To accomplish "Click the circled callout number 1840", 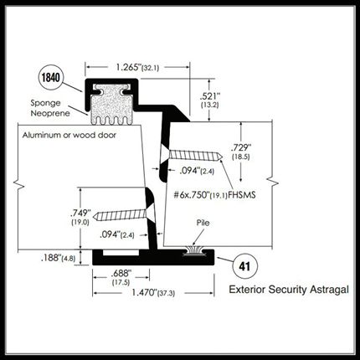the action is [x=50, y=78].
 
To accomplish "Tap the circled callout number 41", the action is [x=244, y=266].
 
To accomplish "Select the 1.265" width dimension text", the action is [x=137, y=67].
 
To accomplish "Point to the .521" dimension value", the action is [x=209, y=100].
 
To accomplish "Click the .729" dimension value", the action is [x=241, y=152].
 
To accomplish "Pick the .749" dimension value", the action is [x=80, y=217].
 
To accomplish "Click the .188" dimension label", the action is [x=58, y=258].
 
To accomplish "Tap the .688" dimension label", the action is [x=121, y=277].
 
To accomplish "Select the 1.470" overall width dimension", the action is [x=153, y=293].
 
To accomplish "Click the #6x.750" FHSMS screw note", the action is [x=214, y=194].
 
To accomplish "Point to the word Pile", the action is [x=203, y=223].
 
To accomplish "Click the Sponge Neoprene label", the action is [x=50, y=108].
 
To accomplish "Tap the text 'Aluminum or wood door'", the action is [x=69, y=136].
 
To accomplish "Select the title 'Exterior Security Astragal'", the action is [x=289, y=290].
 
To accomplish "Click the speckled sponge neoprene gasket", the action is [x=111, y=104].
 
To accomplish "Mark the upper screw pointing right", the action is [x=195, y=156].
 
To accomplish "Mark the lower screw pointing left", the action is [x=120, y=215].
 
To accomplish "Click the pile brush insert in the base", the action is [x=194, y=250].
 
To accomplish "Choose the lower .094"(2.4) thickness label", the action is [x=117, y=234].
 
